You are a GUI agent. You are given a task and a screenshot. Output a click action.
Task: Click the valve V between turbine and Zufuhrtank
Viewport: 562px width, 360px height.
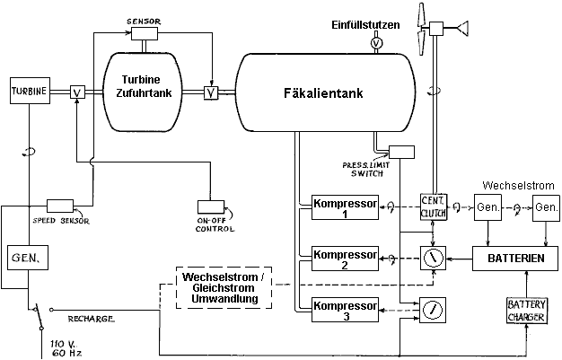[78, 91]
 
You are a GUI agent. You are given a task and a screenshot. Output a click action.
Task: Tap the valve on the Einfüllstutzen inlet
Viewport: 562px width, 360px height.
[376, 42]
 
